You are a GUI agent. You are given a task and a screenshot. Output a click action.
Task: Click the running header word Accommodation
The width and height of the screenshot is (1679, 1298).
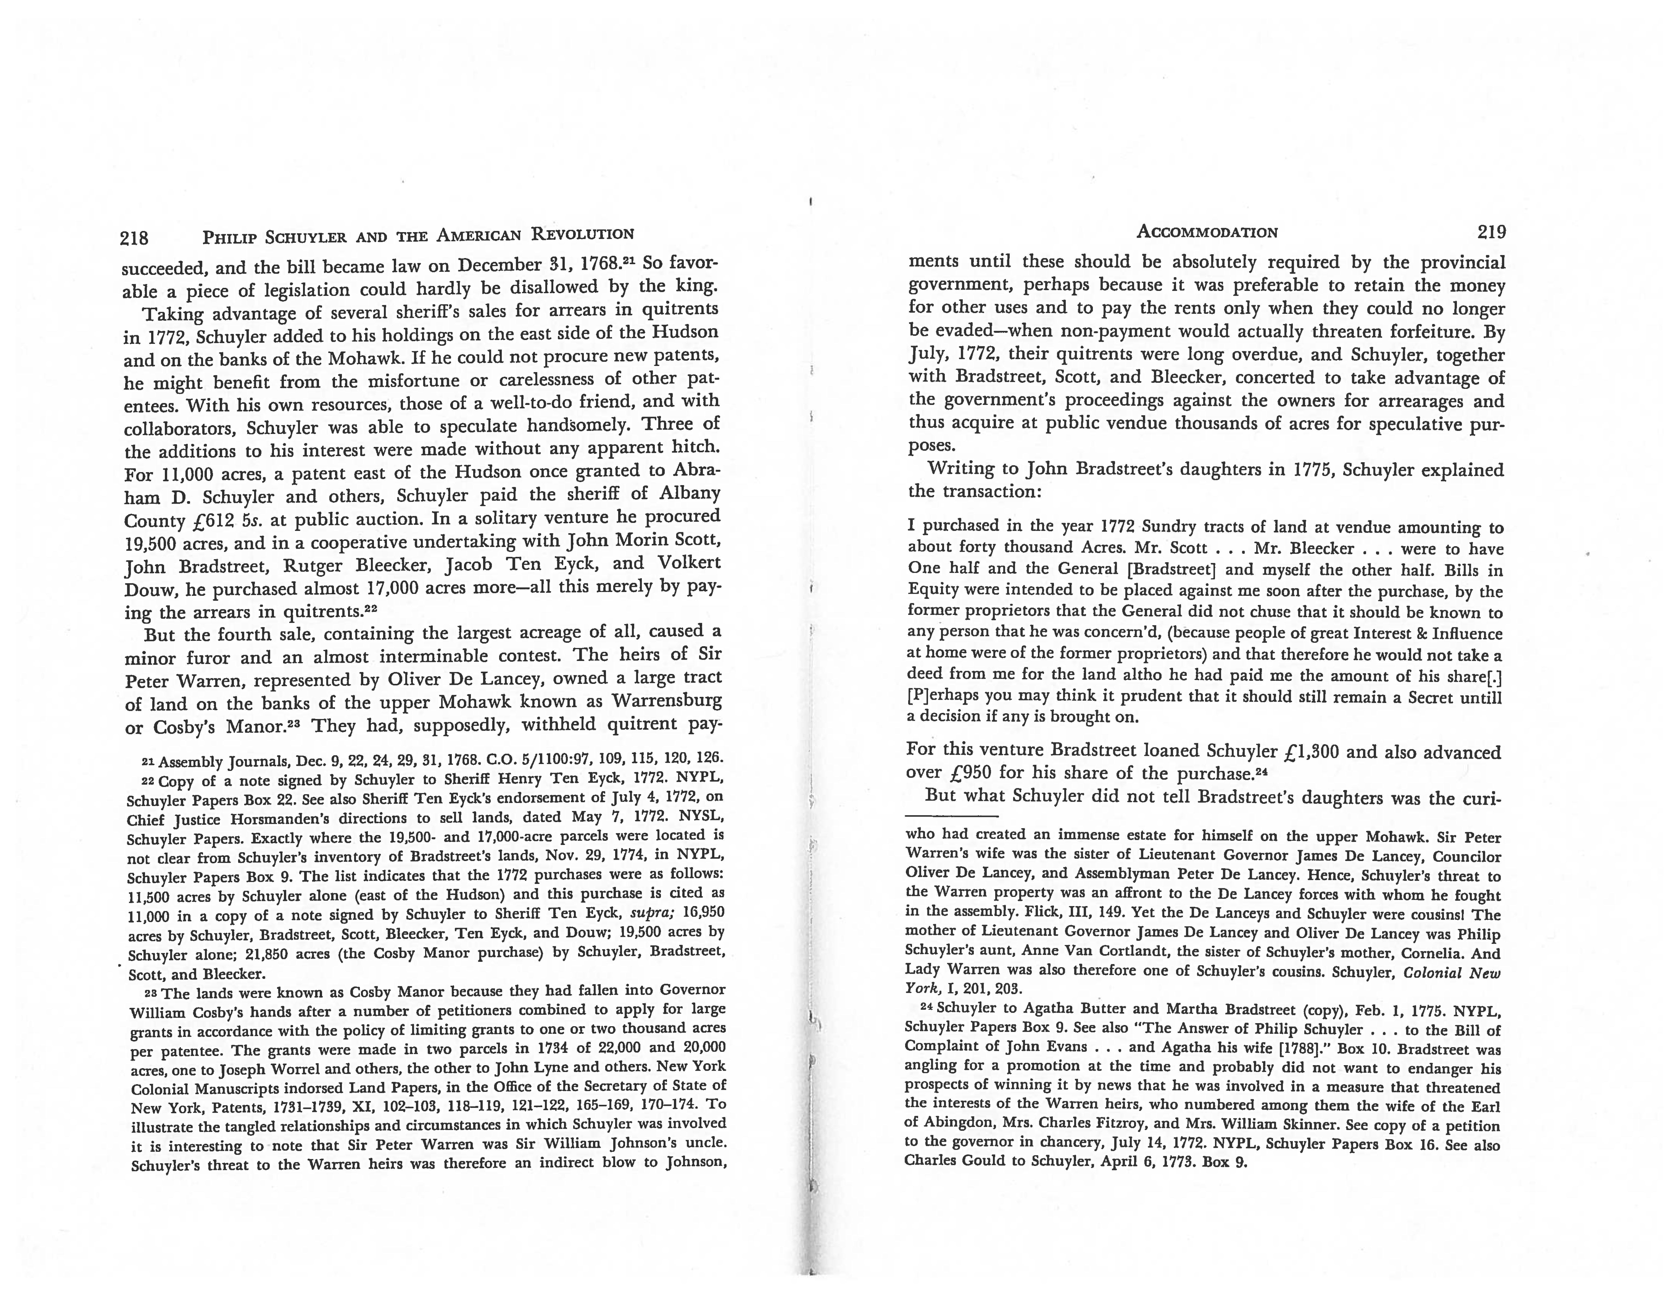[x=1207, y=232]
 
